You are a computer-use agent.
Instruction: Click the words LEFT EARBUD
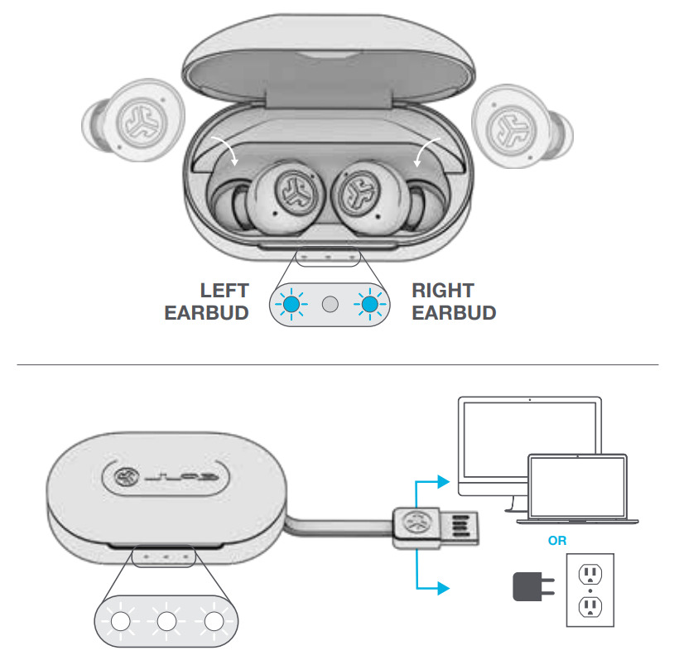(207, 301)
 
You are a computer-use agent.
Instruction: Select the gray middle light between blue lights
(330, 305)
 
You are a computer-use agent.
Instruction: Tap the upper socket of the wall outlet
(590, 573)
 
